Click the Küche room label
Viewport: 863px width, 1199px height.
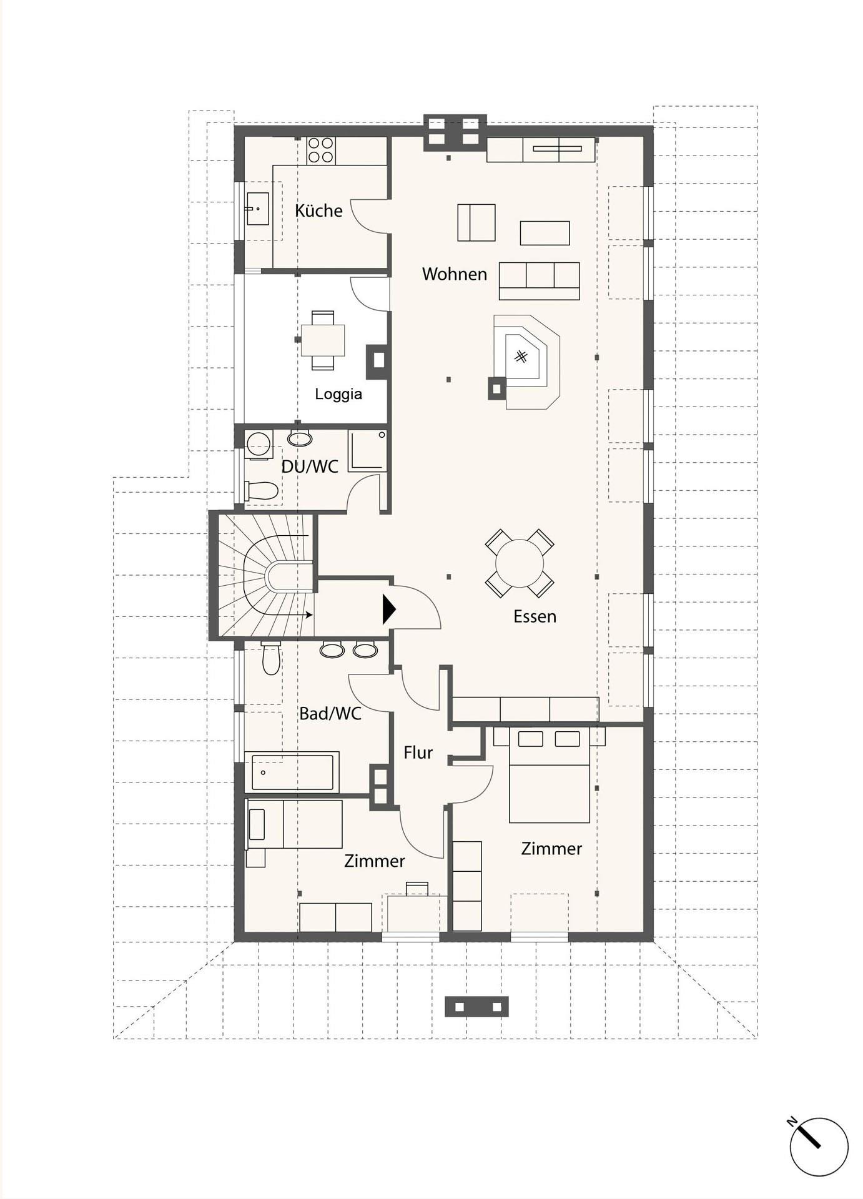pos(318,210)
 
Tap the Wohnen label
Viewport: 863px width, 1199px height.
pos(454,274)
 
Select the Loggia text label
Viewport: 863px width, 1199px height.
pos(338,394)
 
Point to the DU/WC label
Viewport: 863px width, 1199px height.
pos(310,466)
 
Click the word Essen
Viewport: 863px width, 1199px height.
pos(535,616)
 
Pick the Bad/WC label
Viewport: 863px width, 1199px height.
pos(330,714)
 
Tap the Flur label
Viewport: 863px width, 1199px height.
pos(418,753)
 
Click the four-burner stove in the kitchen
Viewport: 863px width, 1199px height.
pos(321,150)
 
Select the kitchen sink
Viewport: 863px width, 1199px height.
pos(257,209)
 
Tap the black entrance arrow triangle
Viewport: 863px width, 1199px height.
pos(389,609)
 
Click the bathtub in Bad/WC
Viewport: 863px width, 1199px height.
pos(292,772)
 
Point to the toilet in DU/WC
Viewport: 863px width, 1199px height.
pos(262,491)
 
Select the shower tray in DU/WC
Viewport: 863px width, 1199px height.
pos(367,450)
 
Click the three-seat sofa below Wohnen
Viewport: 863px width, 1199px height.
pos(540,281)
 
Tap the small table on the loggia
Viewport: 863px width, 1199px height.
pos(323,340)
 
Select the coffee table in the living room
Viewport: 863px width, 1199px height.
pos(545,233)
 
